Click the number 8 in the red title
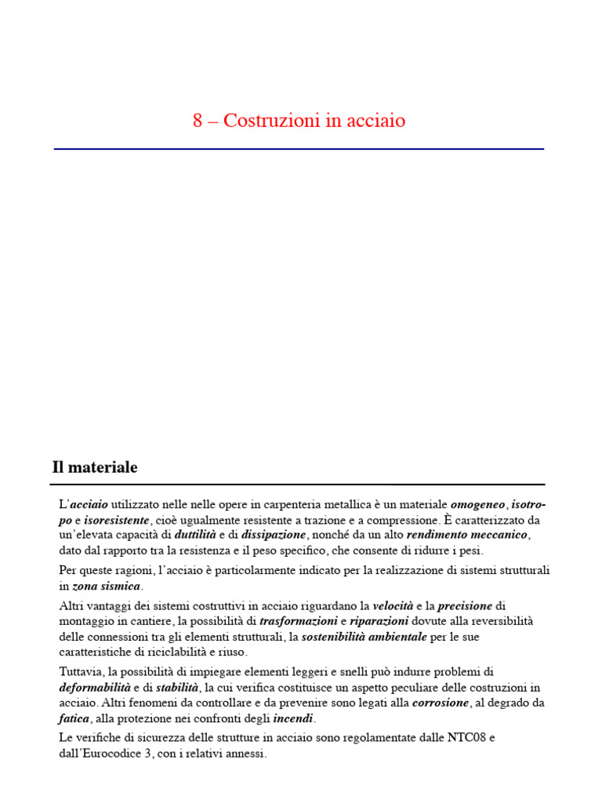[198, 122]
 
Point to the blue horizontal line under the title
[299, 148]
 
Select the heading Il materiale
[95, 468]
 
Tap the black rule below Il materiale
[299, 485]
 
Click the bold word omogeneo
[478, 504]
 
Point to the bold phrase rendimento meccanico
[468, 535]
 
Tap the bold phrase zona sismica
[107, 586]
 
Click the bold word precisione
[465, 606]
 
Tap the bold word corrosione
[441, 703]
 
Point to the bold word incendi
[293, 718]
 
